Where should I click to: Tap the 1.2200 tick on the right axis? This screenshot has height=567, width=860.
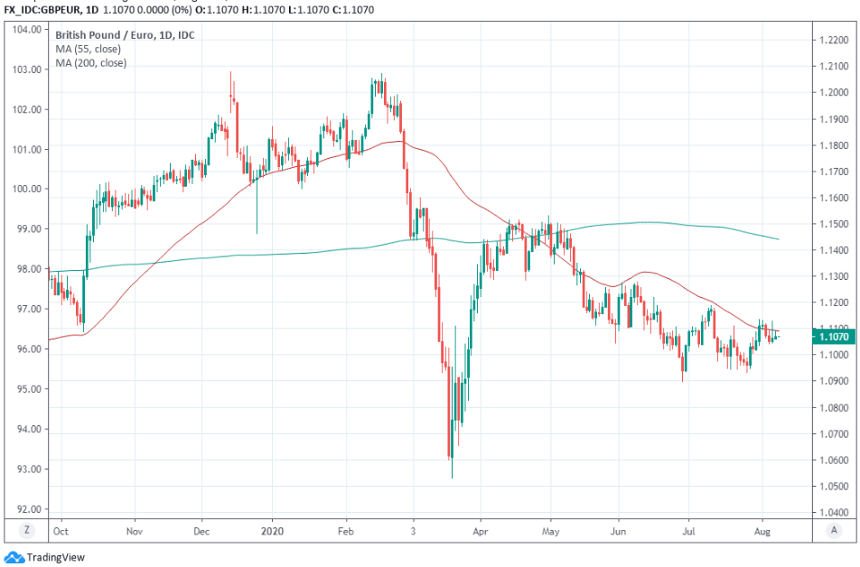tap(832, 41)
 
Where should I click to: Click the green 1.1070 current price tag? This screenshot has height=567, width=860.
tap(831, 337)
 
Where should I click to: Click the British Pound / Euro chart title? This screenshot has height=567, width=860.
tap(125, 34)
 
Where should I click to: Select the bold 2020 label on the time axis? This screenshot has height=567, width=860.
tap(272, 533)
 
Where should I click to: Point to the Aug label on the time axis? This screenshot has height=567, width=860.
tap(762, 533)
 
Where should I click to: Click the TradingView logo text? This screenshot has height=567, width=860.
tap(56, 557)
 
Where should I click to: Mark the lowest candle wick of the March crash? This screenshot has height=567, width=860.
tap(451, 478)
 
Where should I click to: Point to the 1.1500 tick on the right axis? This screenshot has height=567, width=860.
tap(832, 224)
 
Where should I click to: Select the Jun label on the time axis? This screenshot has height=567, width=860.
tap(619, 533)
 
